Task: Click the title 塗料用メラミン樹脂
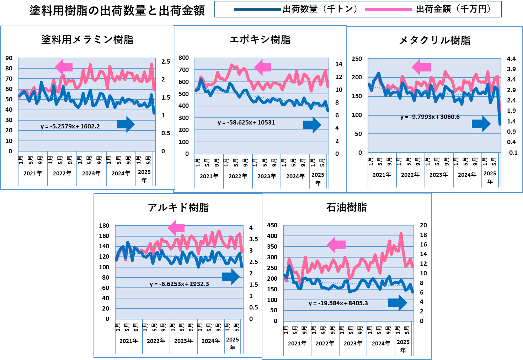coord(87,39)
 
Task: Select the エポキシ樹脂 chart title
coord(260,39)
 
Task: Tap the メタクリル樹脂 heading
coord(434,40)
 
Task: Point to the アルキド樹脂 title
coord(178,207)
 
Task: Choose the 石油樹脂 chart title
coord(347,207)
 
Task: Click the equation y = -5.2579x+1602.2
coord(70,126)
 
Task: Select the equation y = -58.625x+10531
coord(246,122)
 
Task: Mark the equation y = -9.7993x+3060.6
coord(430,117)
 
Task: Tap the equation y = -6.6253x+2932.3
coord(179,284)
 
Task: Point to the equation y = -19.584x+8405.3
coord(338,303)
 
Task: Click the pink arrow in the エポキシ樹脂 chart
coord(263,67)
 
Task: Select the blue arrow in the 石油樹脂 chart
coord(397,303)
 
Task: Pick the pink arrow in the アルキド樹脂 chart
coord(176,228)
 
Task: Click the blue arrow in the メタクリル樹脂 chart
coord(481,124)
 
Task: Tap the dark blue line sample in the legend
coord(257,10)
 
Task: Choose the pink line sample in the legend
coord(389,10)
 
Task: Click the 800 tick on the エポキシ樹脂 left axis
coord(184,58)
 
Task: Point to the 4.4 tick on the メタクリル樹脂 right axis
coord(511,59)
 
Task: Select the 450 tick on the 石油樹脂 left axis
coord(272,225)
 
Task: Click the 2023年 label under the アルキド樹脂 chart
coord(183,341)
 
